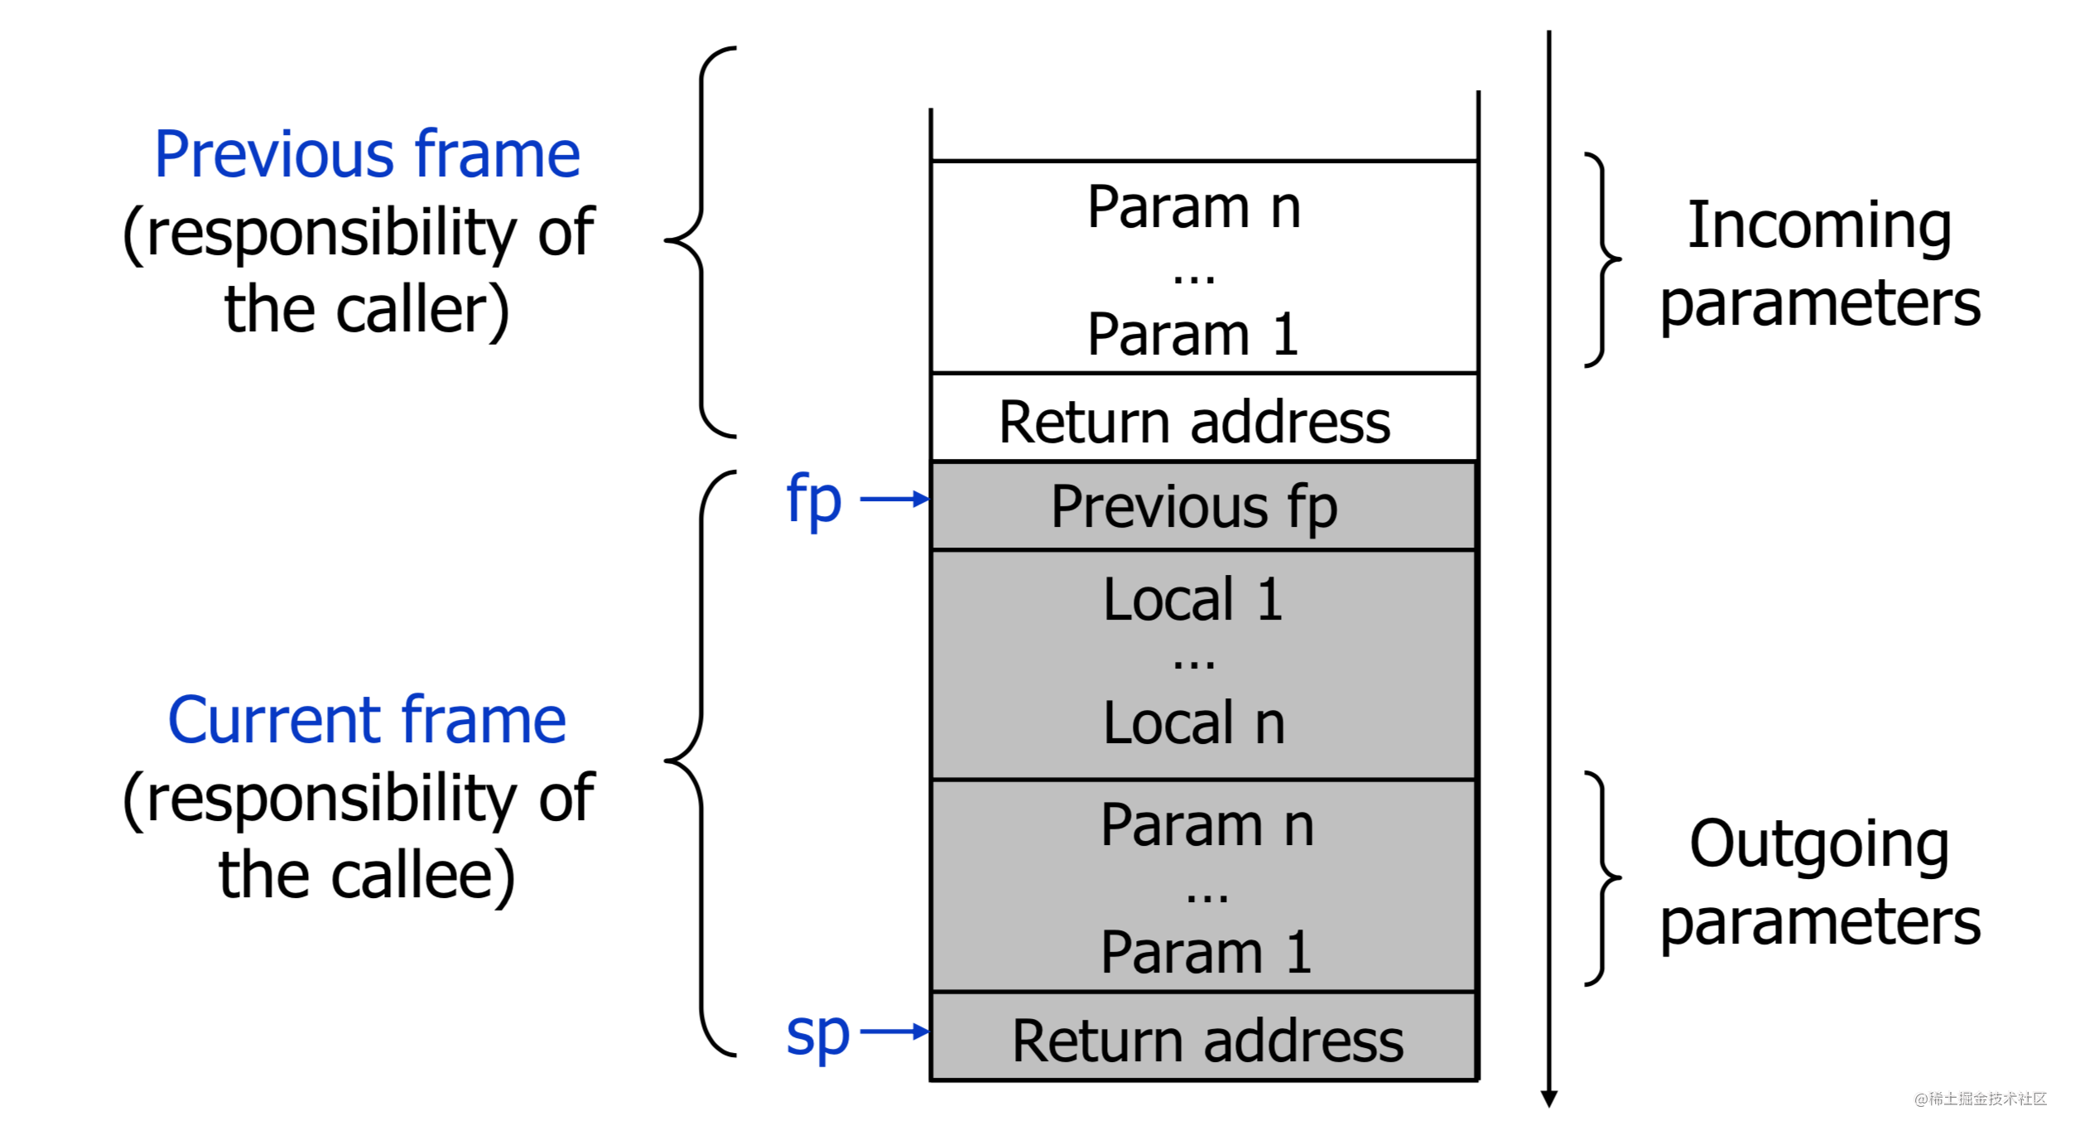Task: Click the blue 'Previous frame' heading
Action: coord(368,155)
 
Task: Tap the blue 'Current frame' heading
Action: coord(368,721)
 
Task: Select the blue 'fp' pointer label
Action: coord(814,500)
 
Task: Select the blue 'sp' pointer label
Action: coord(817,1033)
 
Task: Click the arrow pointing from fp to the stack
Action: coord(894,499)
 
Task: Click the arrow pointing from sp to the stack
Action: coord(894,1031)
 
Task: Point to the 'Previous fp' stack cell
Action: coord(1194,506)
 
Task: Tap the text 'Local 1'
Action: coord(1193,600)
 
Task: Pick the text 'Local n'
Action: coord(1193,723)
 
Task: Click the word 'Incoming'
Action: coord(1819,225)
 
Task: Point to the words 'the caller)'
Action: coord(367,310)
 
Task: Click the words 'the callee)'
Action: coord(367,875)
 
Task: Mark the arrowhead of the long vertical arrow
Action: coord(1549,1099)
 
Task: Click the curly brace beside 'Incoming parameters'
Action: coord(1603,259)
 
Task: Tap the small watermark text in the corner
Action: coord(1980,1099)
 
